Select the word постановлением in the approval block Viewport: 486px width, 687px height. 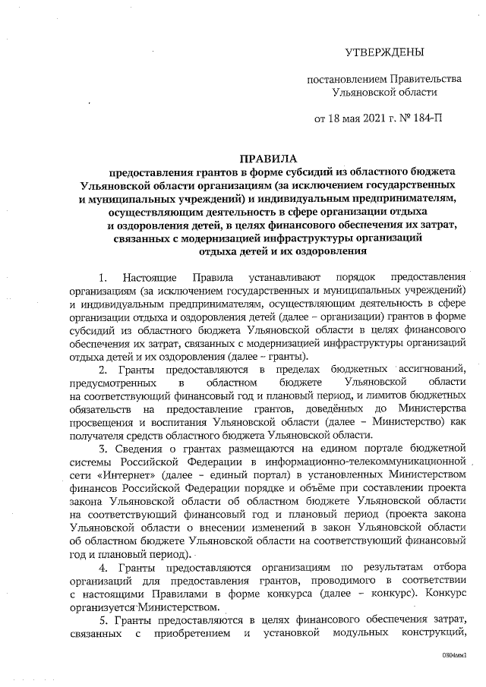point(342,79)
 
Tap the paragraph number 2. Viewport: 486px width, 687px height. point(103,369)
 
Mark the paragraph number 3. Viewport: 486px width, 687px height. point(103,449)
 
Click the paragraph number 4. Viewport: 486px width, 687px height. point(103,568)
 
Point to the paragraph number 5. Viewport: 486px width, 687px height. point(103,621)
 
